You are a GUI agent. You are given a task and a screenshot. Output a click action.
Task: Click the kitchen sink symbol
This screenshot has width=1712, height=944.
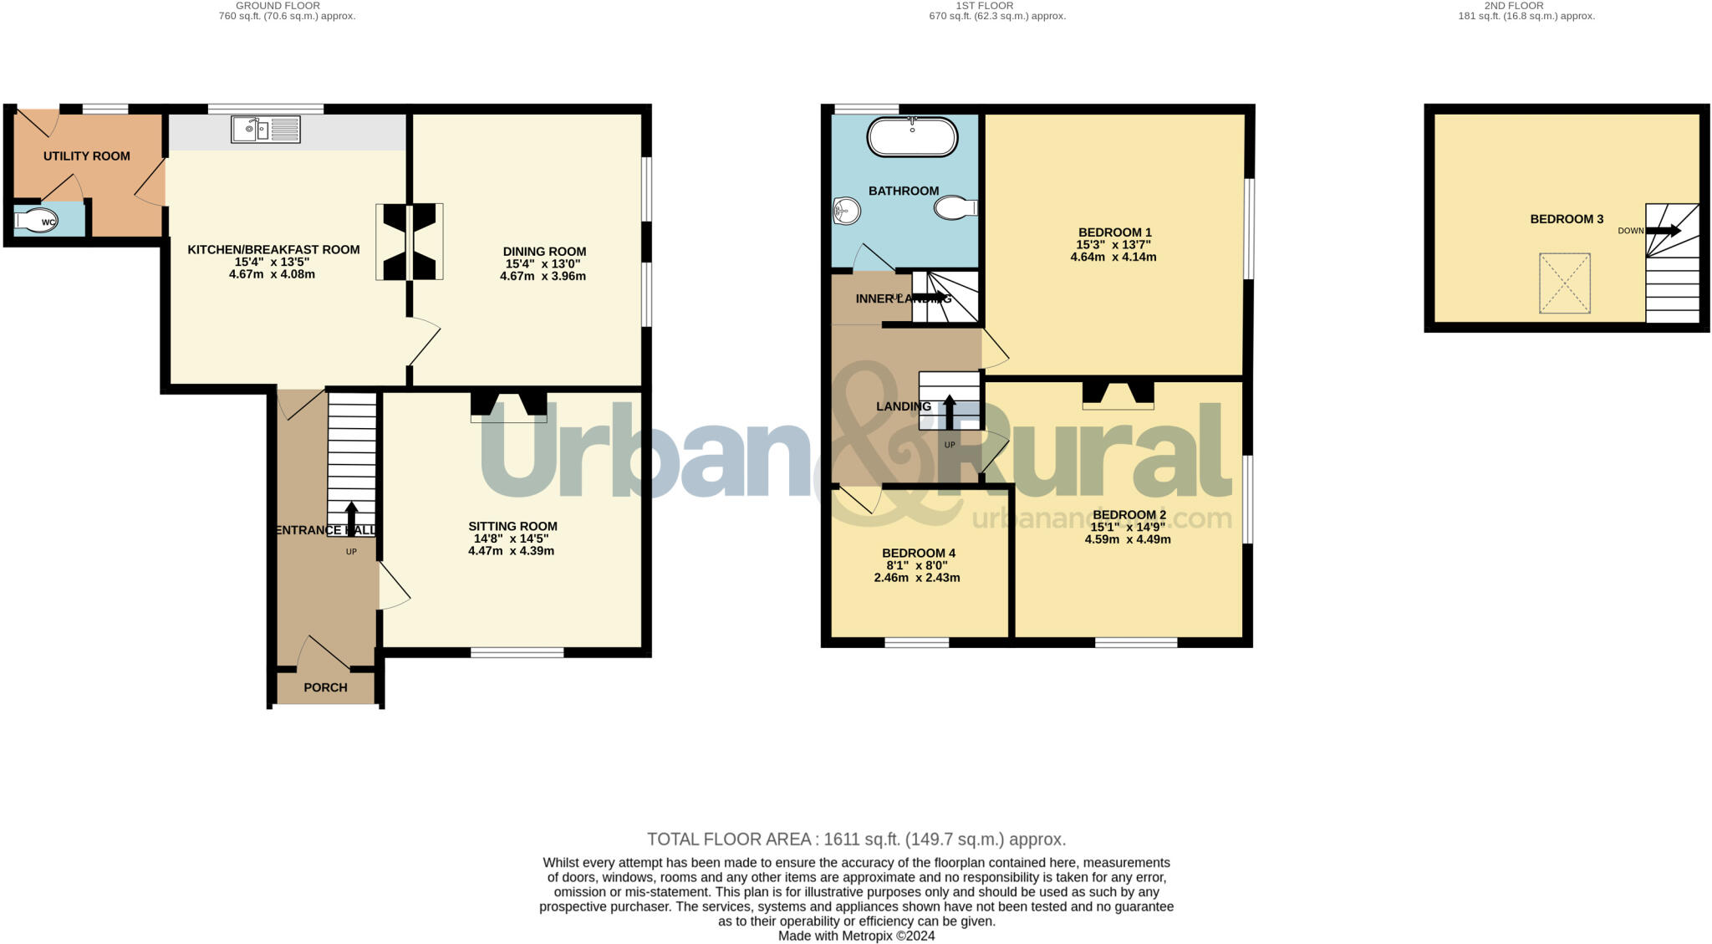pos(266,130)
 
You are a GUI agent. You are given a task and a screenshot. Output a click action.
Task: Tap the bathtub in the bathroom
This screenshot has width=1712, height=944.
pos(912,137)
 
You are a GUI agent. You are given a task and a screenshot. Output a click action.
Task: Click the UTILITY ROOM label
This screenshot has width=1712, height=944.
pos(87,156)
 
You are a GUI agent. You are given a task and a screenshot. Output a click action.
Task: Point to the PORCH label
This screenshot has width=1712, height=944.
pos(325,687)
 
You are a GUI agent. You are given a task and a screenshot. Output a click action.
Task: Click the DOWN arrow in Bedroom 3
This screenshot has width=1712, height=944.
pos(1663,231)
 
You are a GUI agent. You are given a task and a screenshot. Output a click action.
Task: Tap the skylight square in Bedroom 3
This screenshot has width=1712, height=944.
pos(1564,283)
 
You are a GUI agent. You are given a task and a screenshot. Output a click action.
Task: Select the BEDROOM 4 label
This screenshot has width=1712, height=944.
pos(918,553)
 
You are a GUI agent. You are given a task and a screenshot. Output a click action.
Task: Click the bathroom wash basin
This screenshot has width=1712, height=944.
pos(846,211)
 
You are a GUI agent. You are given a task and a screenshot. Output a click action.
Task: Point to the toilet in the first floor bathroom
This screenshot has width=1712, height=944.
pos(955,207)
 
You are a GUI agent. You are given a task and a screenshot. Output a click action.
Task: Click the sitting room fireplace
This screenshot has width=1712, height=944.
pos(508,406)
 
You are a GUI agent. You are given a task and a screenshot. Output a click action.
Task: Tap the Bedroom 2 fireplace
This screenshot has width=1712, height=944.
pos(1118,394)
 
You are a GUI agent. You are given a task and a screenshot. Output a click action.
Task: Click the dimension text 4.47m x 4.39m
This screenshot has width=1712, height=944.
pos(511,551)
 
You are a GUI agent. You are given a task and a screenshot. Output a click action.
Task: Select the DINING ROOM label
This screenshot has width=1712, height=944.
pos(544,252)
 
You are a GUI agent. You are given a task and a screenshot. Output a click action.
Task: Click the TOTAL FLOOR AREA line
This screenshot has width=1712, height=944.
pos(856,839)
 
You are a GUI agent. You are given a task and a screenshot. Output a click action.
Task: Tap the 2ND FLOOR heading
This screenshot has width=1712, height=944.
pos(1526,6)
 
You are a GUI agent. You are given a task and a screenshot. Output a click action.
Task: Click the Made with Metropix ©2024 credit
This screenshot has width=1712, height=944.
pos(856,936)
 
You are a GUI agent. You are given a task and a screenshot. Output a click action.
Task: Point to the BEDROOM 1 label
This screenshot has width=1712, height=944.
pos(1114,232)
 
